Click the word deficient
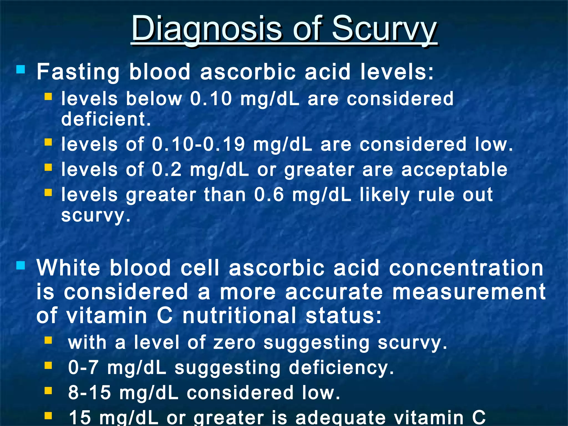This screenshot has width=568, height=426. (106, 119)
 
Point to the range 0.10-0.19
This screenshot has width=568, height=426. (198, 144)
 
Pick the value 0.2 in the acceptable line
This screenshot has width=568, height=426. (167, 169)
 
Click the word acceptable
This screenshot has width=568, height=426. (454, 169)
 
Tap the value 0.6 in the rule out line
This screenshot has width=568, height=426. (269, 194)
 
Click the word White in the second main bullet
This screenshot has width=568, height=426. (68, 268)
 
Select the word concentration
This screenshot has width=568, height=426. (466, 268)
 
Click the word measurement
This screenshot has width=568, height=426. (469, 292)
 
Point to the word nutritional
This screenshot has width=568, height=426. (239, 316)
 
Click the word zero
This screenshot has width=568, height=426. (234, 342)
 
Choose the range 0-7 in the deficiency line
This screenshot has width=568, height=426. (83, 367)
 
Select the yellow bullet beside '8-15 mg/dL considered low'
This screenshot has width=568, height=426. (48, 390)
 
